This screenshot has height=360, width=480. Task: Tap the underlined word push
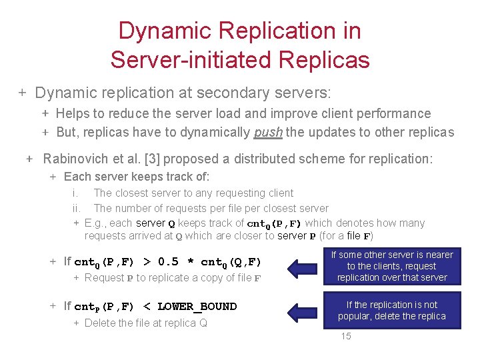tap(268, 132)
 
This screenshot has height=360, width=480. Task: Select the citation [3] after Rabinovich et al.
tap(153, 159)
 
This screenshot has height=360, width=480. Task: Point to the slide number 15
tap(346, 336)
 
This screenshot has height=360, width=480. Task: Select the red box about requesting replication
tap(392, 266)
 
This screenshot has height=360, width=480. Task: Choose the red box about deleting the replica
tap(392, 311)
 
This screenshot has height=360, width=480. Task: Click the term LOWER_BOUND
tap(197, 307)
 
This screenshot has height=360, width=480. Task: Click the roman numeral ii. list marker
tap(76, 208)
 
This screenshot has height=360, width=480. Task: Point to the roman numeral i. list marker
tap(75, 193)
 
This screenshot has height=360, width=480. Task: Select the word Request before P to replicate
tap(105, 278)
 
